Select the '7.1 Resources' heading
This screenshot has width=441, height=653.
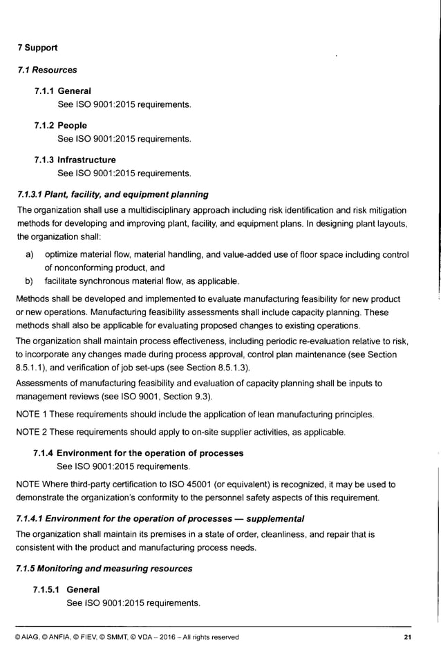point(47,70)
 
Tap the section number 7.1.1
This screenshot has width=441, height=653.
point(44,91)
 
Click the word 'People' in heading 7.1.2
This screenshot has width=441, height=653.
point(73,126)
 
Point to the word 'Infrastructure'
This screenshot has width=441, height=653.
point(86,160)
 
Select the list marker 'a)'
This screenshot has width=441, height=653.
point(30,254)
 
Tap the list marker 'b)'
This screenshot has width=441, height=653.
point(30,281)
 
